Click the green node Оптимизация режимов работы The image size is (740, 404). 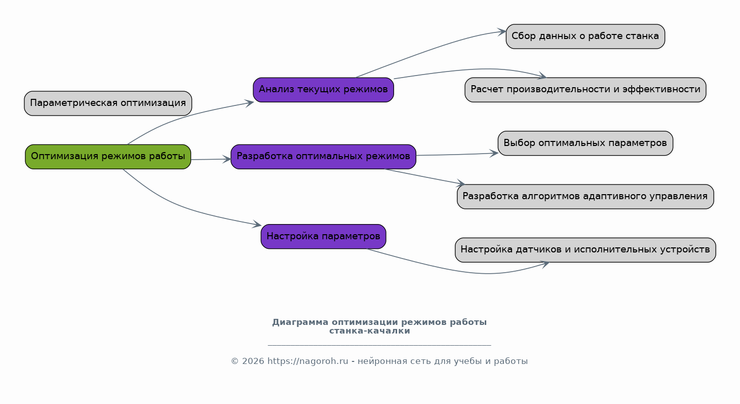tap(108, 157)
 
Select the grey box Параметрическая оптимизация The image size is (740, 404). tap(108, 103)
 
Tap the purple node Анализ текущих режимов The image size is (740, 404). tap(324, 90)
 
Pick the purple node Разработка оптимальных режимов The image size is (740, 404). tap(324, 157)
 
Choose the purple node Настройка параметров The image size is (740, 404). tap(324, 237)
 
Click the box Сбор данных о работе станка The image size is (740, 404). tap(586, 36)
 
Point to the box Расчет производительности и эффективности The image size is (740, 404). tap(586, 90)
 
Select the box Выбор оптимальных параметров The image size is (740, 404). tap(586, 143)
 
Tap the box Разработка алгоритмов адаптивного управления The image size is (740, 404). tap(586, 197)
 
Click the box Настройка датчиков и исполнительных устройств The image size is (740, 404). tap(586, 250)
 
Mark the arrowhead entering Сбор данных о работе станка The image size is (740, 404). tap(502, 32)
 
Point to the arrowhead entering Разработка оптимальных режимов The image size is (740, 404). tap(227, 159)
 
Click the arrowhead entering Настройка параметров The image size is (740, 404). tap(257, 224)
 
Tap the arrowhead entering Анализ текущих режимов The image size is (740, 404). tap(249, 103)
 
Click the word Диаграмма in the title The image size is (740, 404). tap(300, 322)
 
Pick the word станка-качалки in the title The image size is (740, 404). tap(370, 331)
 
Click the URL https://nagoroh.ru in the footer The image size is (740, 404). tap(307, 361)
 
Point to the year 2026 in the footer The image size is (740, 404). tap(253, 361)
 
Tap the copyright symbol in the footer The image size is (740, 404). tap(235, 361)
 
